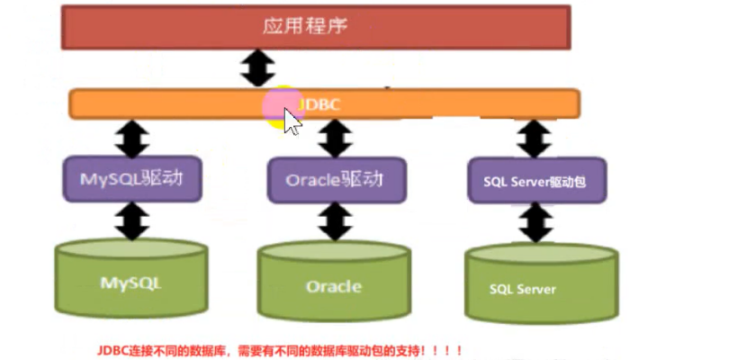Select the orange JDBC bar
tap(450, 103)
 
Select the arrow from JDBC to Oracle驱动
tap(334, 138)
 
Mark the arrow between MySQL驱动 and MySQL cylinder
tap(133, 221)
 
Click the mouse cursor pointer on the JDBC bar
tap(291, 121)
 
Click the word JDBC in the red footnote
tap(114, 348)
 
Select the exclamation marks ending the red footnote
tap(450, 348)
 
